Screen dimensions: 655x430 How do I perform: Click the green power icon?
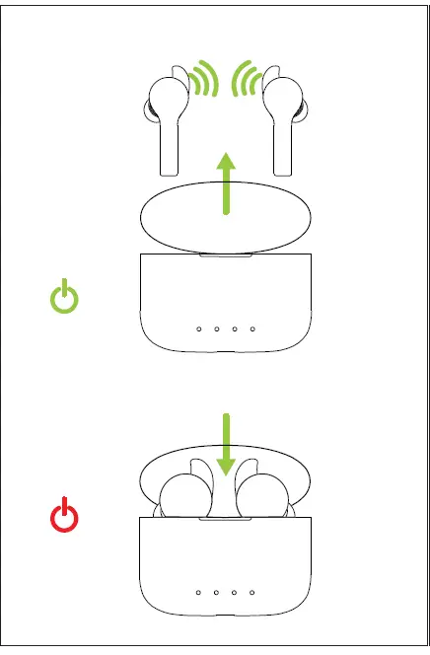pyautogui.click(x=64, y=297)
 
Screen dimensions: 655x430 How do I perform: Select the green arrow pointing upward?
pyautogui.click(x=227, y=182)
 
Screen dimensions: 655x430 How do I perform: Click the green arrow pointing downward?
pyautogui.click(x=227, y=444)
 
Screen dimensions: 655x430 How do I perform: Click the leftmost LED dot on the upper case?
pyautogui.click(x=198, y=328)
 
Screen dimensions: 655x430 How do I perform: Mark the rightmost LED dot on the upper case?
pyautogui.click(x=253, y=328)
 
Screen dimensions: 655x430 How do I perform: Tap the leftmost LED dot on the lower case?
pyautogui.click(x=198, y=593)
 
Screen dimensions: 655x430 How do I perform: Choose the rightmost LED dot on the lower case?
pyautogui.click(x=253, y=593)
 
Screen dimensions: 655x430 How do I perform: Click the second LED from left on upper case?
pyautogui.click(x=217, y=328)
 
